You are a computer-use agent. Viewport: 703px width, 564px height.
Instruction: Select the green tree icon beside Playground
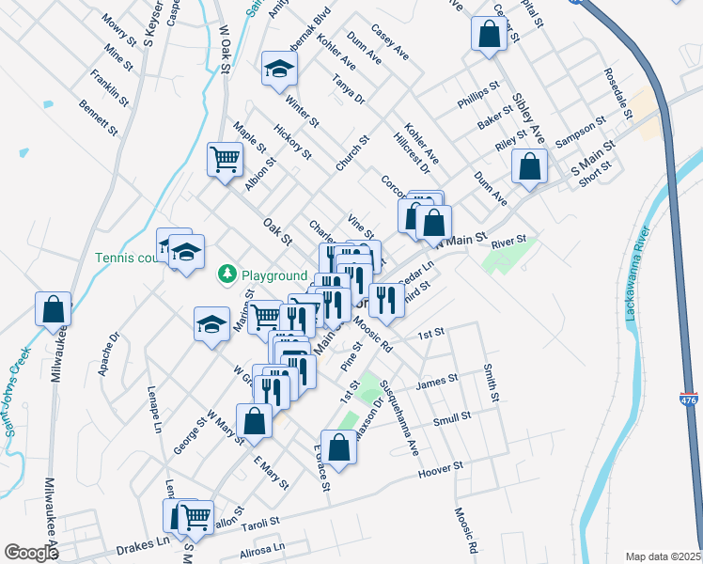227,274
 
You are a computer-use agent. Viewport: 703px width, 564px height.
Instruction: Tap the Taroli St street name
262,522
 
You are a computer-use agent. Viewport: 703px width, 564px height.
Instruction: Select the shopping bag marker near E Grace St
338,446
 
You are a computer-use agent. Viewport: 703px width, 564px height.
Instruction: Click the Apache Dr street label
115,350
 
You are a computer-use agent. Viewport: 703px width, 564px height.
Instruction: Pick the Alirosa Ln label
262,548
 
